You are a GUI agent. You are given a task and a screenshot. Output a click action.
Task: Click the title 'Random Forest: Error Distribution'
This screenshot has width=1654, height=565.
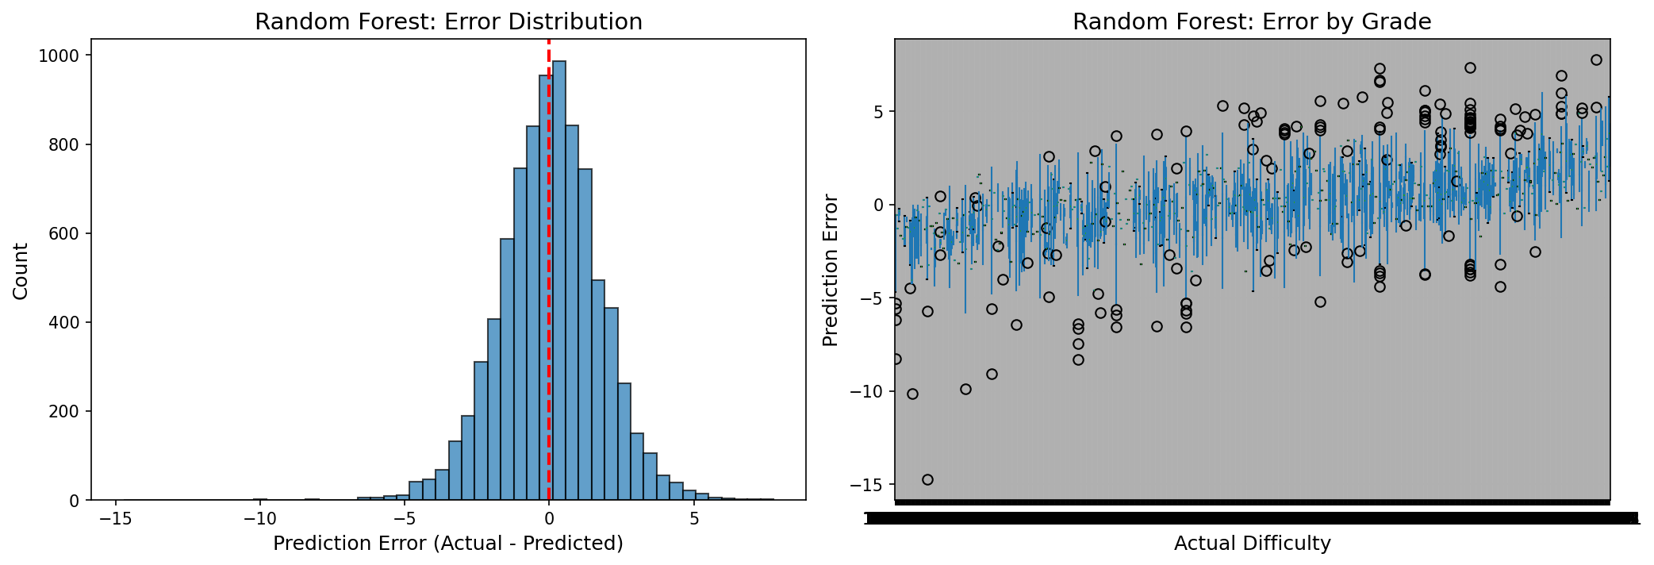pyautogui.click(x=448, y=22)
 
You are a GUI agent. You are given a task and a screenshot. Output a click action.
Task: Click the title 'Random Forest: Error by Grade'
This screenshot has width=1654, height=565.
pyautogui.click(x=1252, y=22)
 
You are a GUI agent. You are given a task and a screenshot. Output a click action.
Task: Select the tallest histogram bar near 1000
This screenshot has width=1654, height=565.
pyautogui.click(x=558, y=278)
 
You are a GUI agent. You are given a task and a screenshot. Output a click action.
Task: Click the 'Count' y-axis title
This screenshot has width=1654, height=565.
pyautogui.click(x=21, y=271)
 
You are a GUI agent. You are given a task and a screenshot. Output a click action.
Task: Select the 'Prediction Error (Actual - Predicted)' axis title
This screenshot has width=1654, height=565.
pyautogui.click(x=448, y=544)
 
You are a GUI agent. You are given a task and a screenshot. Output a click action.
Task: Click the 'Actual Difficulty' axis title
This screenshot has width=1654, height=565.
pyautogui.click(x=1252, y=544)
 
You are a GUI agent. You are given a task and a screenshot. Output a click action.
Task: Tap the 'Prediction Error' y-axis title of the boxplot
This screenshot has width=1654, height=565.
pyautogui.click(x=831, y=271)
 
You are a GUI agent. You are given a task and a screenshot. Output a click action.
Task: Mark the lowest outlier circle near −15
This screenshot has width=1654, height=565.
pyautogui.click(x=927, y=479)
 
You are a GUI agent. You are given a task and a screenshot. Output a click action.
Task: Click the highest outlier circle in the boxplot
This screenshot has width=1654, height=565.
pyautogui.click(x=1596, y=60)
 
